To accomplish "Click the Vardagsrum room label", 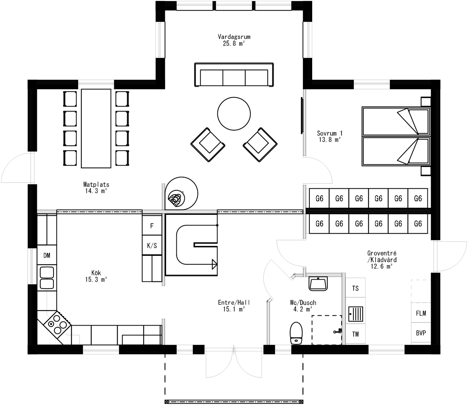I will [234, 37].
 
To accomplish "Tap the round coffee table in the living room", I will [234, 114].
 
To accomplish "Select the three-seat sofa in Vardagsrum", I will [234, 75].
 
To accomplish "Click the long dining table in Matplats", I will [96, 128].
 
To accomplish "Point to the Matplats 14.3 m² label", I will [96, 187].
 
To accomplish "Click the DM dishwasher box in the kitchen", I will [47, 256].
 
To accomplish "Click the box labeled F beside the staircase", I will [152, 225].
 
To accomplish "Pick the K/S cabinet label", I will [152, 246].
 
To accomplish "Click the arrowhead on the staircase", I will [215, 264].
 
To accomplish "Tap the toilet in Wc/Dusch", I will [296, 333].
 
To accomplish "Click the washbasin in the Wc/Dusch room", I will [318, 284].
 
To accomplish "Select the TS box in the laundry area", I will [355, 288].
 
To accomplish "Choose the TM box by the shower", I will [355, 334].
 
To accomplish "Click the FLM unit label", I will [421, 313].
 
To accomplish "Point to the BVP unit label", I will [421, 333].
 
